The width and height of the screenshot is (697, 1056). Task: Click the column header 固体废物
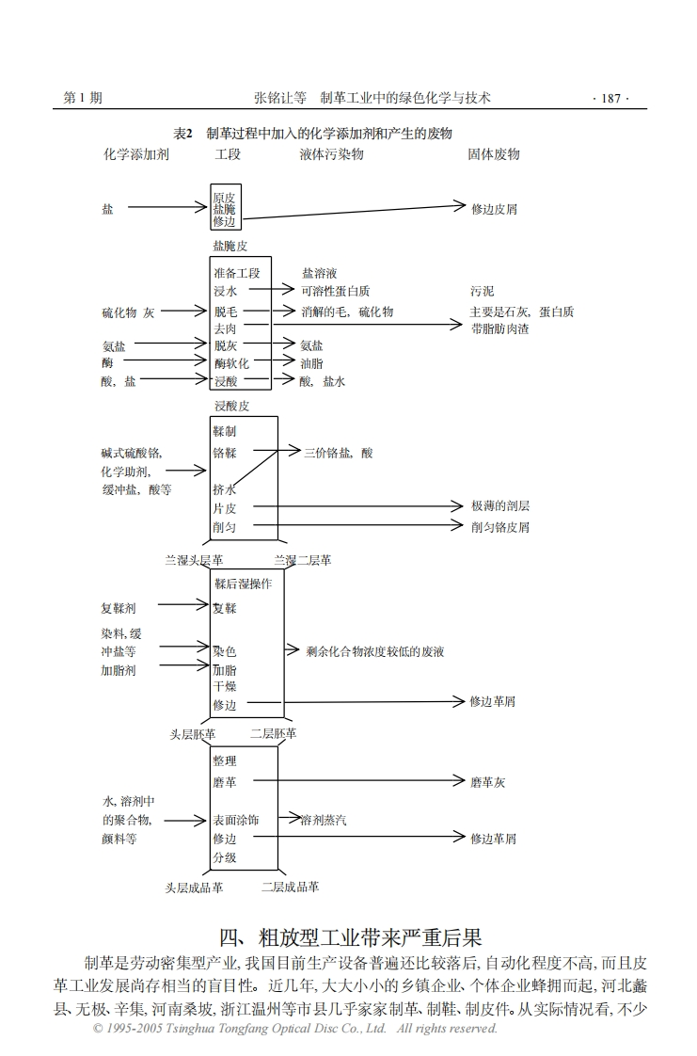(494, 153)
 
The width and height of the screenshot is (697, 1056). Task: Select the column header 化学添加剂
(135, 153)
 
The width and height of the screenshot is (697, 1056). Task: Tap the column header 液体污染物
(331, 153)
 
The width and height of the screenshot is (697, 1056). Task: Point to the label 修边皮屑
(494, 209)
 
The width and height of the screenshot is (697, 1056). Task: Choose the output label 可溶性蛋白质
(335, 291)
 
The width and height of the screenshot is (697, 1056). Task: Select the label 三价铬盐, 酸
(338, 453)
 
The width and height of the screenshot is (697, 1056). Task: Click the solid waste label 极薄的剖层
(500, 506)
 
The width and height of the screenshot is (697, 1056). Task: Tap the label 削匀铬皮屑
(500, 527)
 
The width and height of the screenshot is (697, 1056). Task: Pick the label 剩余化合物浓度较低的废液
(375, 651)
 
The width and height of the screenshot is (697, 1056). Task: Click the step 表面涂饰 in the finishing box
(236, 820)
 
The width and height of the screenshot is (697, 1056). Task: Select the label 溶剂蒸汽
(324, 820)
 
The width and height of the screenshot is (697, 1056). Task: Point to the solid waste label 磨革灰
(488, 782)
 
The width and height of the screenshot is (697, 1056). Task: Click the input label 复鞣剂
(119, 609)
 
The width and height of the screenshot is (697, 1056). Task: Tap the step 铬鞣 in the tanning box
(225, 453)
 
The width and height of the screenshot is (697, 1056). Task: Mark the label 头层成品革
(194, 887)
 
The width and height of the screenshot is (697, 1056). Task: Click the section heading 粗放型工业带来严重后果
(350, 937)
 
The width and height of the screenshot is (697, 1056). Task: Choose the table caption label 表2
(183, 134)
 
